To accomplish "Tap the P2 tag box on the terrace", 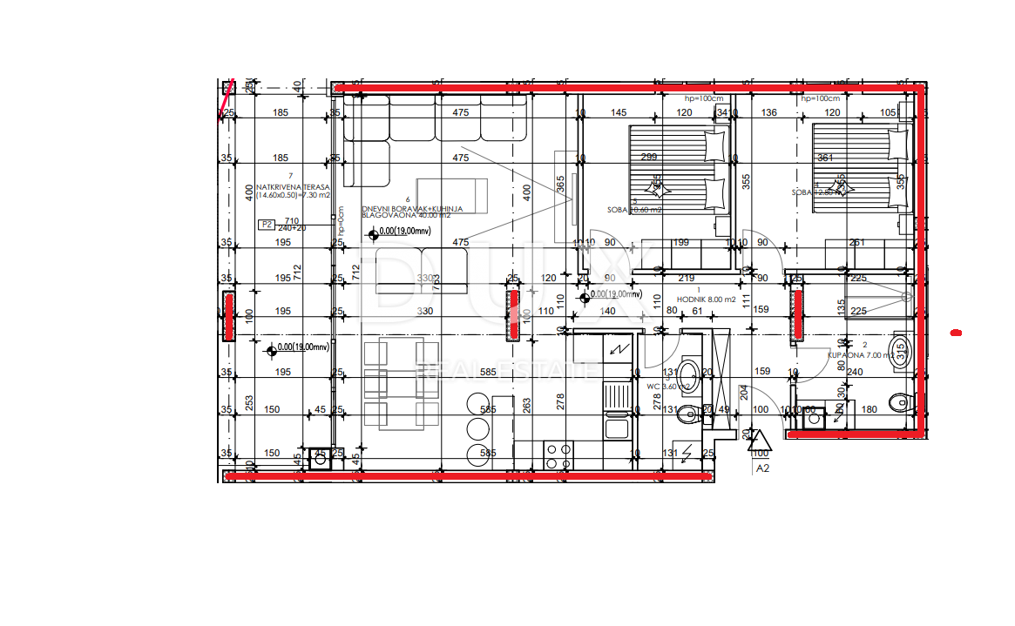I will pyautogui.click(x=267, y=224).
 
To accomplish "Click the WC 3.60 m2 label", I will pyautogui.click(x=667, y=386).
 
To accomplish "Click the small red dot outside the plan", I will pyautogui.click(x=956, y=332).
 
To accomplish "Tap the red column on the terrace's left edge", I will pyautogui.click(x=230, y=316).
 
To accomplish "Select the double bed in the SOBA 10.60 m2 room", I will pyautogui.click(x=678, y=168).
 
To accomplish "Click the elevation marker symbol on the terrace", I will pyautogui.click(x=272, y=350).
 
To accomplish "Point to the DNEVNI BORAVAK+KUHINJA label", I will pyautogui.click(x=412, y=210).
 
